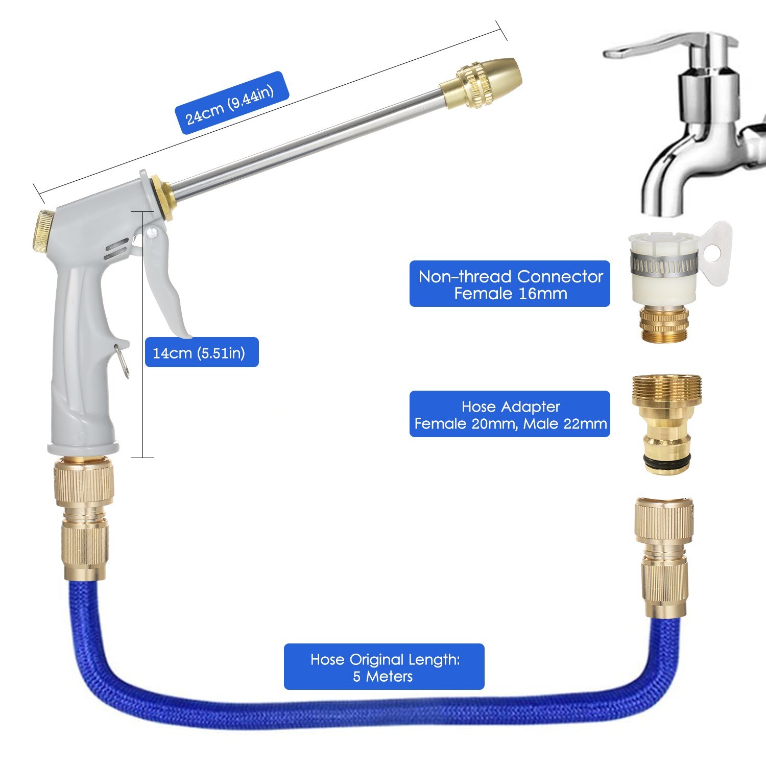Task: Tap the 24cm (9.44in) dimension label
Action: point(232,103)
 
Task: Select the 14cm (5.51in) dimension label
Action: point(202,352)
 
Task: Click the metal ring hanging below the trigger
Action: point(123,360)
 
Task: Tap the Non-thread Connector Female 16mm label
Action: point(510,284)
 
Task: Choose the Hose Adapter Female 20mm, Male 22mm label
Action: point(510,414)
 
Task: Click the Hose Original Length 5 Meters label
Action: point(384,667)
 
